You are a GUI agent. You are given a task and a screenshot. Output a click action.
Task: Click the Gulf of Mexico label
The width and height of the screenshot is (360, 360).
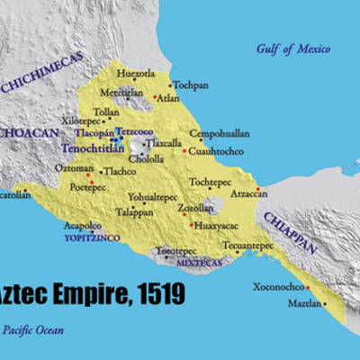pyautogui.click(x=294, y=49)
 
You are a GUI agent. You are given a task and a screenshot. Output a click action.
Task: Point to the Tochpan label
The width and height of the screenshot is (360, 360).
pyautogui.click(x=191, y=86)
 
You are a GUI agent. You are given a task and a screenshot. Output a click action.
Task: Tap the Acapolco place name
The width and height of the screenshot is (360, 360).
pyautogui.click(x=82, y=228)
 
